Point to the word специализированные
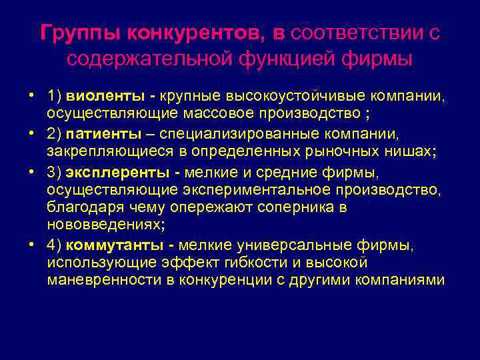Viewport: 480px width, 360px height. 275,134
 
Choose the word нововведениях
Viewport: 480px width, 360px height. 103,225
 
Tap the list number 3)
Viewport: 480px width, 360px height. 56,173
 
